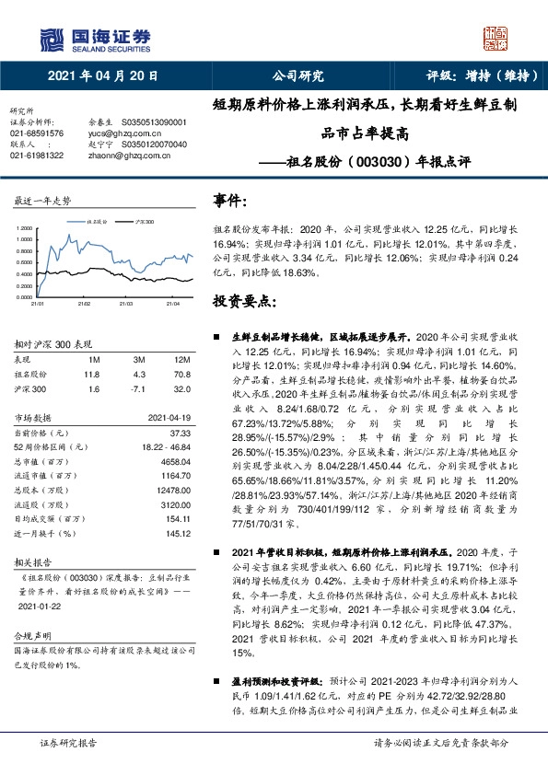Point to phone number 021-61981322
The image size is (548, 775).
pos(37,156)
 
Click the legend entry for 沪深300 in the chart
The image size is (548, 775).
pos(142,223)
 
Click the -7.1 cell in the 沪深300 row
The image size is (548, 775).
pos(139,388)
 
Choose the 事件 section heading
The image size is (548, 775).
pos(229,200)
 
